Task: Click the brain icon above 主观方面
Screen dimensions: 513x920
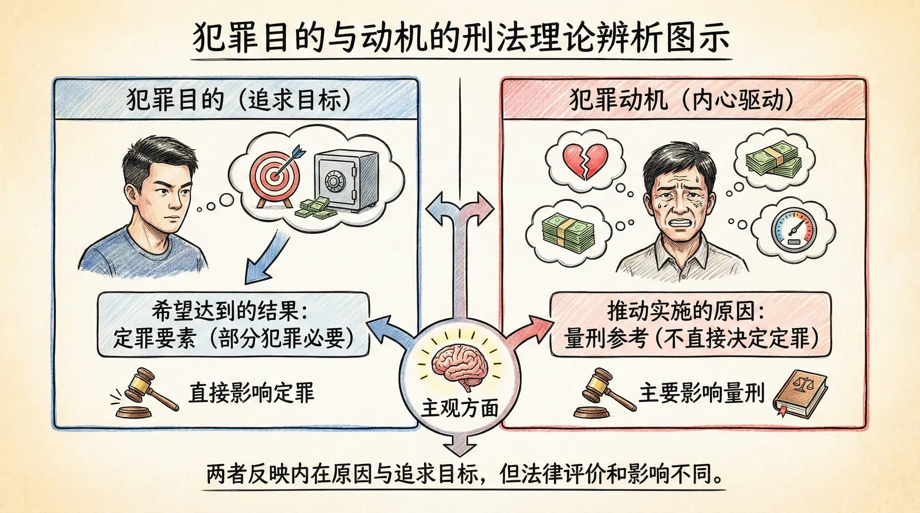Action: click(x=460, y=366)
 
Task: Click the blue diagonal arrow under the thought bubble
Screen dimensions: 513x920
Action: click(x=266, y=258)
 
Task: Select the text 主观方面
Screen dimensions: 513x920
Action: click(x=460, y=408)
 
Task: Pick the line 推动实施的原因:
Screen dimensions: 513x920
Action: click(x=686, y=312)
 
